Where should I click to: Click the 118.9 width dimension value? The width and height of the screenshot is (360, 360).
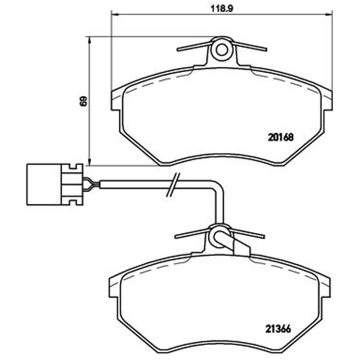pyautogui.click(x=222, y=9)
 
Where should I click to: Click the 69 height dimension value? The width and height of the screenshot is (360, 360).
pyautogui.click(x=84, y=101)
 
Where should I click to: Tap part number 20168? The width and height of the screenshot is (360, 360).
pyautogui.click(x=280, y=138)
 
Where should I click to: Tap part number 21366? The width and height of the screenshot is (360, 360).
pyautogui.click(x=278, y=329)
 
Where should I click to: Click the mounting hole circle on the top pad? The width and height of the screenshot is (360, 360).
pyautogui.click(x=222, y=50)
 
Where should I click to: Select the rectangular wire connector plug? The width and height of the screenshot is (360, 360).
pyautogui.click(x=55, y=184)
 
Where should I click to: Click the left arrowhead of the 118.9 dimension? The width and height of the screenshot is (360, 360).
pyautogui.click(x=114, y=14)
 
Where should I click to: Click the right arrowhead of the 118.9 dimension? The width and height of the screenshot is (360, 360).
pyautogui.click(x=329, y=14)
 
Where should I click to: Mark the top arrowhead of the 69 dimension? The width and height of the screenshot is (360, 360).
pyautogui.click(x=90, y=40)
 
